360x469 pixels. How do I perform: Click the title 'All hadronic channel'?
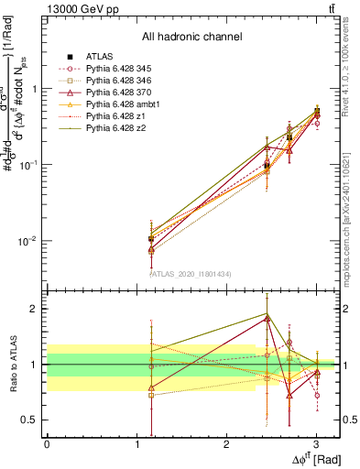[x=191, y=38]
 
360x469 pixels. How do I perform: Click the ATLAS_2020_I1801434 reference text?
[x=191, y=273]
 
